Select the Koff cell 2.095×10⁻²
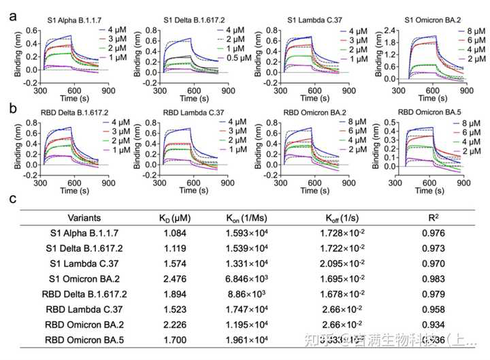pos(344,264)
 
